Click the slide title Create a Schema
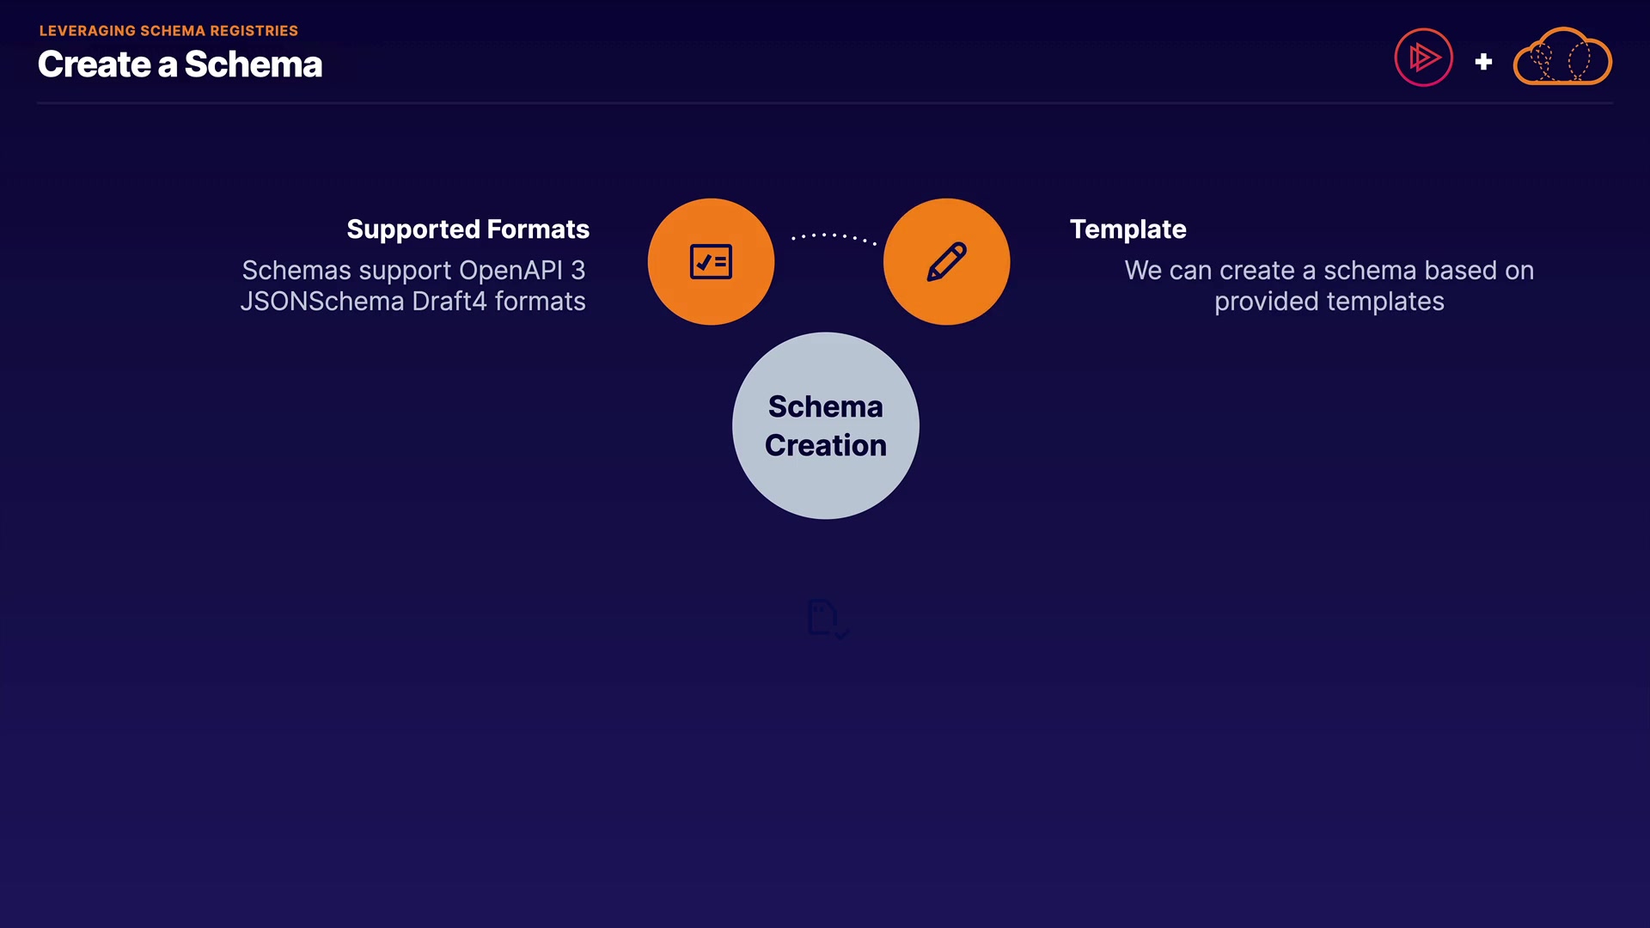(x=180, y=64)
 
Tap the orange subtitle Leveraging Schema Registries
(x=168, y=31)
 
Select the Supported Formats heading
(x=467, y=229)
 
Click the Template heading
(x=1127, y=229)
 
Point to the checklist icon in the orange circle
(x=711, y=262)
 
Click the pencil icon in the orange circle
(x=946, y=262)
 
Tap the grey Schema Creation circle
(x=826, y=425)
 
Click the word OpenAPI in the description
(x=510, y=271)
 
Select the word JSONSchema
(x=322, y=302)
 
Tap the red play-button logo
(x=1423, y=58)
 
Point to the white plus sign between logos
(x=1483, y=62)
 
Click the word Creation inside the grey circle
(x=826, y=445)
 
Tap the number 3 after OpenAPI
(x=578, y=271)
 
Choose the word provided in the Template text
(x=1266, y=302)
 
